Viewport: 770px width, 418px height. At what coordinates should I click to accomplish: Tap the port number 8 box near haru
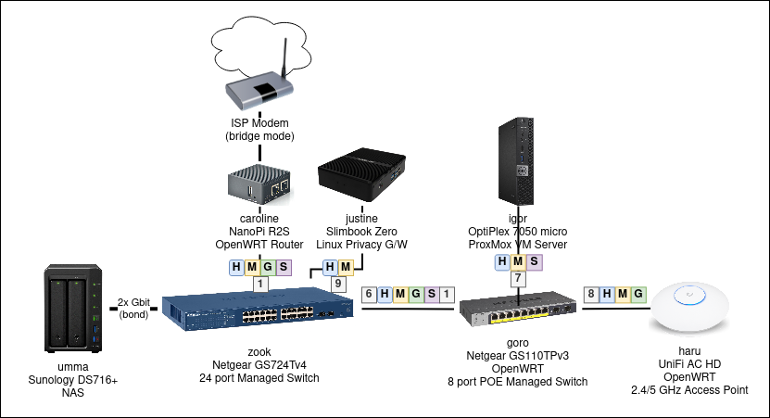click(x=590, y=295)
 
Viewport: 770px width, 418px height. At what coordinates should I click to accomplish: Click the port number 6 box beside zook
click(x=370, y=295)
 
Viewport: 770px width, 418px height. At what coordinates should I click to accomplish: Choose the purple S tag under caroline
click(x=283, y=268)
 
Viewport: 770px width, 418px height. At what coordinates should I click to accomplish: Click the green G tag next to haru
click(x=637, y=295)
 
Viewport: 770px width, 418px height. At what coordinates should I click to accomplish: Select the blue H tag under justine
click(x=331, y=268)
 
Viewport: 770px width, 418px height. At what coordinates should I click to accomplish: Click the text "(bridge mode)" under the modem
click(x=259, y=136)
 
